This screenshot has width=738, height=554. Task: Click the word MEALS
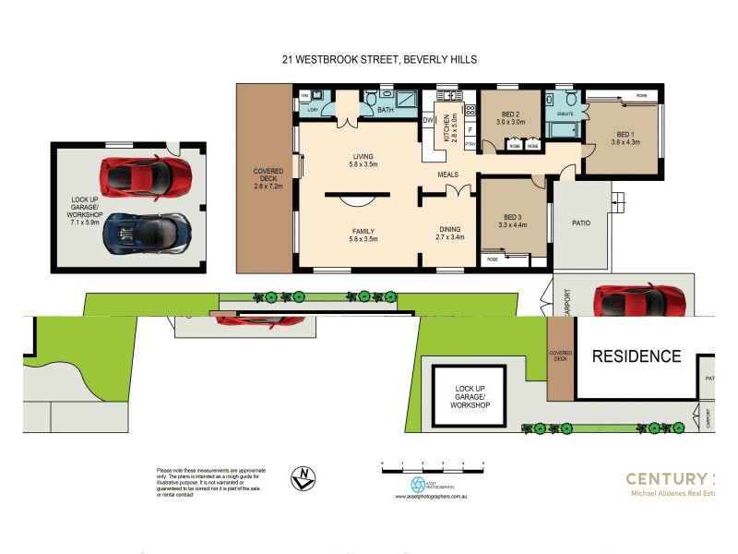pyautogui.click(x=449, y=174)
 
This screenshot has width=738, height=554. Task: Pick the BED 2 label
pyautogui.click(x=510, y=117)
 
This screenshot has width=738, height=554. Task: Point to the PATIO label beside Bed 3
pyautogui.click(x=581, y=223)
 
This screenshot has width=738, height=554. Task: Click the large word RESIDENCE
pyautogui.click(x=637, y=356)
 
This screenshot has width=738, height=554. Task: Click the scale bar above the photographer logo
pyautogui.click(x=433, y=466)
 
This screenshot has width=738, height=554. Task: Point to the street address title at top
pyautogui.click(x=379, y=59)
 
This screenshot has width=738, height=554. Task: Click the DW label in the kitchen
pyautogui.click(x=428, y=120)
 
